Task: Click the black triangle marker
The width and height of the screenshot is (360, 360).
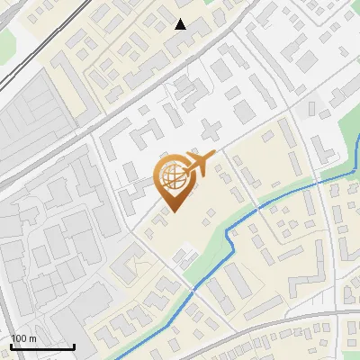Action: coord(181,24)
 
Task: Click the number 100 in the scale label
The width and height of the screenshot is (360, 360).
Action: coord(19,338)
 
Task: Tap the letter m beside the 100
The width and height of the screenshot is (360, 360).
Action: coord(32,338)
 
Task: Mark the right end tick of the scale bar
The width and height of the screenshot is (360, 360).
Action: coord(74,346)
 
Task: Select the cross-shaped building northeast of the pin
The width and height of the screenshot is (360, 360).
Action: coord(211,128)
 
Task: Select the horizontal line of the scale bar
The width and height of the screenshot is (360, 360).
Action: coord(40,346)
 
